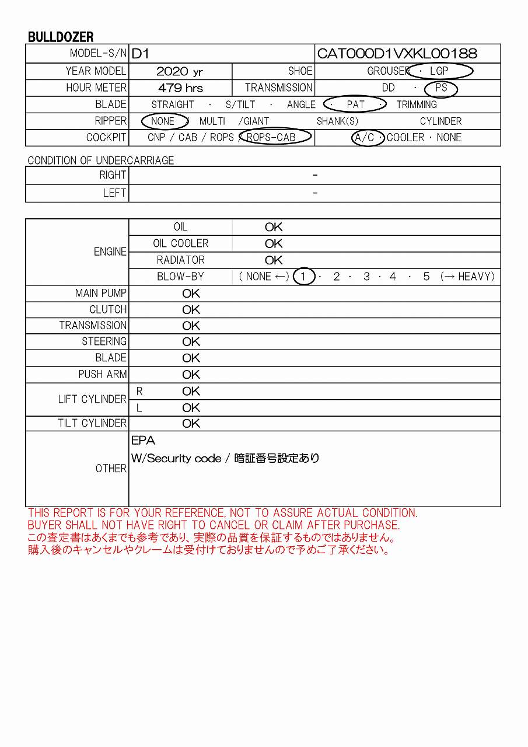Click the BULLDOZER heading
click(61, 37)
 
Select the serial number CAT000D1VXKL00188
click(397, 54)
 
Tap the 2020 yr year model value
click(180, 71)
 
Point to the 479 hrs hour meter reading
click(180, 88)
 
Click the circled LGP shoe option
click(439, 71)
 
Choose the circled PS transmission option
click(441, 88)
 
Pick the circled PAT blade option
click(355, 105)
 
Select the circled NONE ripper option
click(163, 121)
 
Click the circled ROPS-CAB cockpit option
click(271, 138)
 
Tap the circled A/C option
click(365, 138)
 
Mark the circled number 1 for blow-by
click(303, 277)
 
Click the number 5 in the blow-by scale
click(426, 277)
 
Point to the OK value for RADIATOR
click(274, 260)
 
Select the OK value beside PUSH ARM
click(191, 375)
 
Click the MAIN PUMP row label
click(100, 293)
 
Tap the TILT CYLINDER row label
click(92, 423)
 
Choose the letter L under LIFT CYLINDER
click(139, 408)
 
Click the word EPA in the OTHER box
click(143, 441)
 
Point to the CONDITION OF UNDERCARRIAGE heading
click(101, 160)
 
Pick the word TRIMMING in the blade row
click(417, 105)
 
